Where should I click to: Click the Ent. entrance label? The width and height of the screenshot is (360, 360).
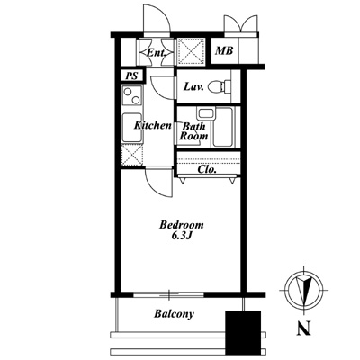156,53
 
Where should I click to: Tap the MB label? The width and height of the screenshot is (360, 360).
224,50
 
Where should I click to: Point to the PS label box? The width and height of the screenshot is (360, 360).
132,76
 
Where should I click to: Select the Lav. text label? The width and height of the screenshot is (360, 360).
193,87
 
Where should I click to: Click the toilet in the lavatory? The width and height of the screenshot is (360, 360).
220,86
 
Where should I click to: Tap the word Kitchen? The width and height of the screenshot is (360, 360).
152,125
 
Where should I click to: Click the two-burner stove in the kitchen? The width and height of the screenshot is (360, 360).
131,95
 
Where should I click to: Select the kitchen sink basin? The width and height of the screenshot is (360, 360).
132,128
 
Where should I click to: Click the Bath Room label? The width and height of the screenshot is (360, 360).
193,131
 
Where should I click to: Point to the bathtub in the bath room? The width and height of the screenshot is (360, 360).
222,128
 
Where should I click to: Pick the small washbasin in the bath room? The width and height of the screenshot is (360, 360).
205,114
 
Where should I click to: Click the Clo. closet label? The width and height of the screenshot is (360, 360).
207,169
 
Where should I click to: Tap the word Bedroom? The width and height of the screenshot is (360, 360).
182,225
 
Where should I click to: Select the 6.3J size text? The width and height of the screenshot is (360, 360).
182,236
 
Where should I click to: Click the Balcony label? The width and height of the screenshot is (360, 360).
175,314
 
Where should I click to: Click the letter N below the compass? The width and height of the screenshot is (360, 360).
303,328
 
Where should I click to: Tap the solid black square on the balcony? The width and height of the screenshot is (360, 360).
243,333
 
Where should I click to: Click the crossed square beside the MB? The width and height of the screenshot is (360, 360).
191,51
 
